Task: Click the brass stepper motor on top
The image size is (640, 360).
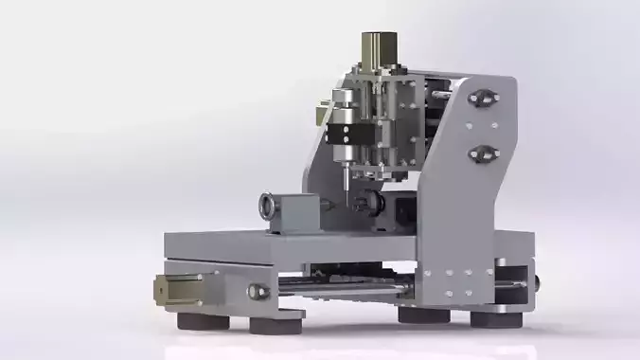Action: coord(379,50)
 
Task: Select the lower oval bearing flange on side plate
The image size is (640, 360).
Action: coord(483,152)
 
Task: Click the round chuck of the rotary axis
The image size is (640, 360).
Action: coord(269,204)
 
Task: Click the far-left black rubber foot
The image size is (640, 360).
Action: coord(202,320)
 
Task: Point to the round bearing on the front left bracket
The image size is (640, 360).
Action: coord(256,291)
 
